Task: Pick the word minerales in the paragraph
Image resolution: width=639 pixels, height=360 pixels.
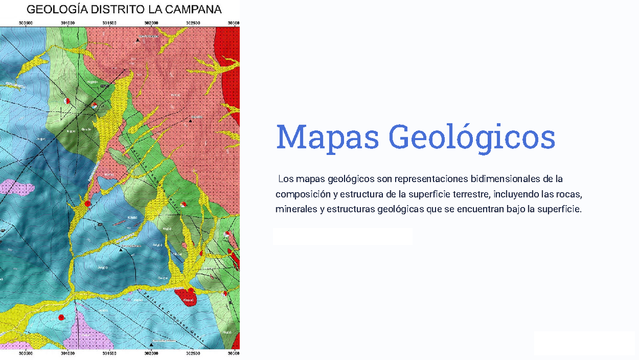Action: tap(296, 209)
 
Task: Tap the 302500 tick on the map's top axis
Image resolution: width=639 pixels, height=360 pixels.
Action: tap(193, 23)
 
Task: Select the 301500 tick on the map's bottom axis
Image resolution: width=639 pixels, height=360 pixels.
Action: tap(110, 352)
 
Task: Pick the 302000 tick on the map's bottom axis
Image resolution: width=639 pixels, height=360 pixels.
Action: tap(151, 352)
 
